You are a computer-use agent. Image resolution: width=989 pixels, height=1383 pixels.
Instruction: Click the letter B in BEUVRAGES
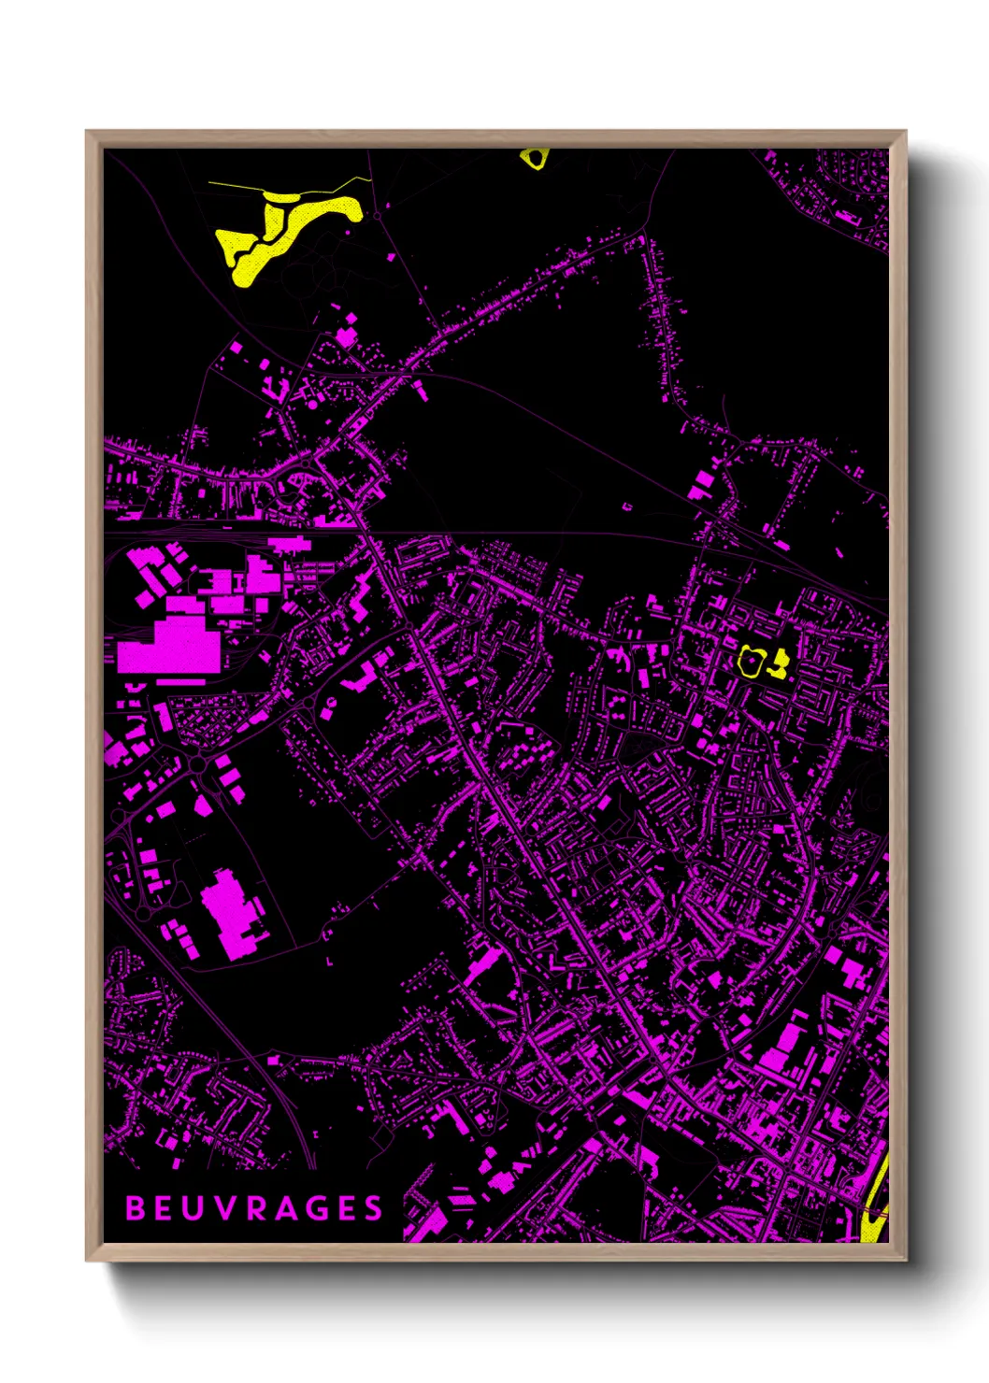(x=136, y=1208)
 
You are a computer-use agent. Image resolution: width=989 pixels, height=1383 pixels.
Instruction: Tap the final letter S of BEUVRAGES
(x=374, y=1208)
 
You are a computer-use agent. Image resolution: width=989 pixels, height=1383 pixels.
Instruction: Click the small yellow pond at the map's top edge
(x=533, y=158)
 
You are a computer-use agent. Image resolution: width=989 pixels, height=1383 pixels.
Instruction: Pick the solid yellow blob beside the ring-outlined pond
(x=778, y=664)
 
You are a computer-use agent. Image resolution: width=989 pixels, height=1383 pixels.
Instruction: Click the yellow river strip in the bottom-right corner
(x=877, y=1205)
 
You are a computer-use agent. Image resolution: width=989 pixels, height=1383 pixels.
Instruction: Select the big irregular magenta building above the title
(x=229, y=911)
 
